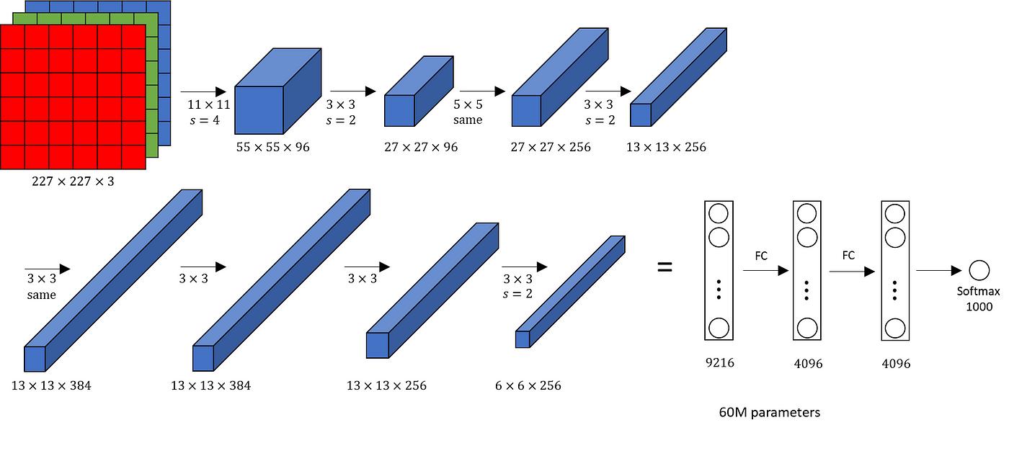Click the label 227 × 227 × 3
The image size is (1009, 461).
click(x=73, y=182)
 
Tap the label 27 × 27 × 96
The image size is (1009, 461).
click(x=421, y=147)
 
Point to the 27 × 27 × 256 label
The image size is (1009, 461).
click(x=551, y=147)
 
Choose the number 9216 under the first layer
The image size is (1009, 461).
click(x=719, y=363)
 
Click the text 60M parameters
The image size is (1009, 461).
click(x=770, y=413)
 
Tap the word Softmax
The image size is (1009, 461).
click(x=978, y=292)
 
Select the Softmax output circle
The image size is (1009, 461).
click(x=979, y=271)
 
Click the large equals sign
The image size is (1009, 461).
click(x=664, y=267)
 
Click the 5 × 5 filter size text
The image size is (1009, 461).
click(x=467, y=105)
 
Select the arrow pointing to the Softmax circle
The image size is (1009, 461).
click(x=938, y=271)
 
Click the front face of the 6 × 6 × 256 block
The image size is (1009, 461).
click(x=523, y=339)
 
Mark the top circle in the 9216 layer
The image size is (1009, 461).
click(x=719, y=214)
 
